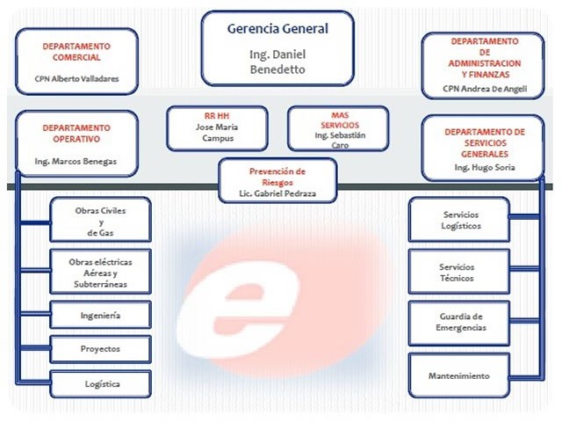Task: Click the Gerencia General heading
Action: click(277, 29)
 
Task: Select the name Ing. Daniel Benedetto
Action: click(277, 62)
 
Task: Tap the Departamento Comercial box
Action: click(76, 62)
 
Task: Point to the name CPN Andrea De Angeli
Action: click(485, 89)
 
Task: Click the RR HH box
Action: click(217, 128)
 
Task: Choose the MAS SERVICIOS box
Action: click(338, 128)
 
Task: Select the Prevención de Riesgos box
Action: click(277, 180)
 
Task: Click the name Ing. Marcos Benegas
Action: click(76, 162)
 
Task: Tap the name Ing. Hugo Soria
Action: click(485, 167)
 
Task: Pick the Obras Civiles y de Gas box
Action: click(100, 219)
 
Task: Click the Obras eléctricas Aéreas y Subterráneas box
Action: click(100, 272)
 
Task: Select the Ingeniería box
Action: click(100, 315)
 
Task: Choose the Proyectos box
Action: click(100, 349)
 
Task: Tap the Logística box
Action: click(100, 384)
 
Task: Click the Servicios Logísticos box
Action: click(459, 219)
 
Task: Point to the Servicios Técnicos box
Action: click(459, 272)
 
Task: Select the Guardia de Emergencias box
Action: click(459, 324)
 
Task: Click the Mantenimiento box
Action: click(459, 375)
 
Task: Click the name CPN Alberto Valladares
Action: click(76, 79)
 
